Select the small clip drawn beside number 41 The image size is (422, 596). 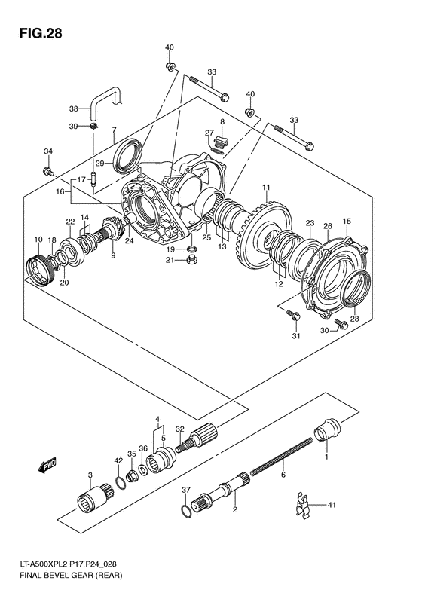302,505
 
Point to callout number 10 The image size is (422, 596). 38,240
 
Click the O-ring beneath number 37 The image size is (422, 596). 186,512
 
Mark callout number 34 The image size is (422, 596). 48,151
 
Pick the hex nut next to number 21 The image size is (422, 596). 193,261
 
